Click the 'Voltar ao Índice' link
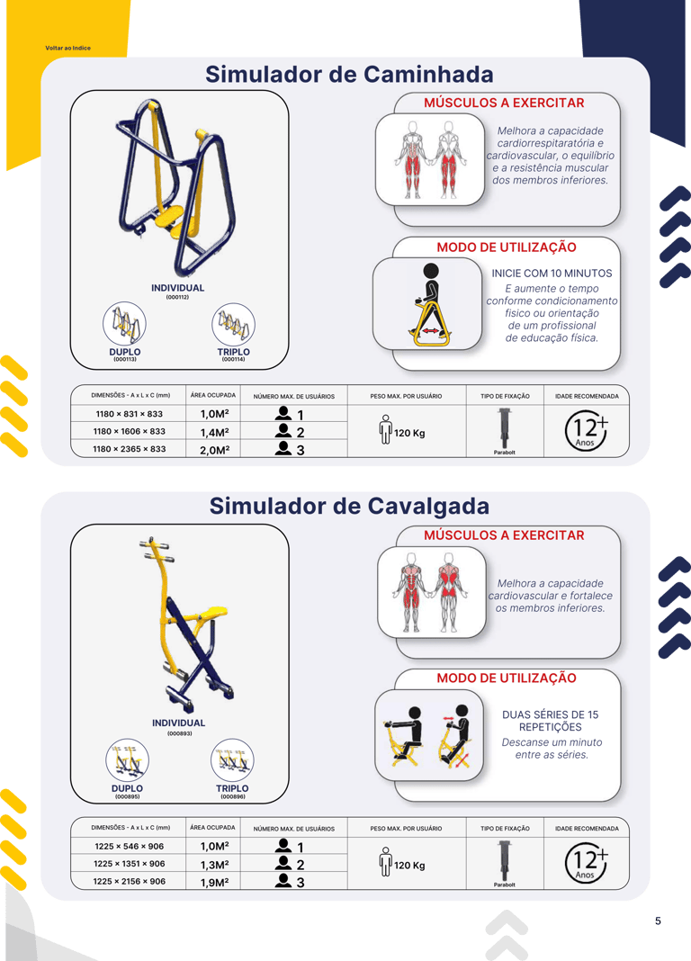(x=68, y=48)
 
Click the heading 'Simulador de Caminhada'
(x=349, y=74)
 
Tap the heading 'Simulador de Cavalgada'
(x=349, y=507)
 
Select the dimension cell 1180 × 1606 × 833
(x=130, y=431)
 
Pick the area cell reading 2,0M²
(x=214, y=450)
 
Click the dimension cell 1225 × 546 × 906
(x=130, y=846)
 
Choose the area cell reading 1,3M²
(x=214, y=865)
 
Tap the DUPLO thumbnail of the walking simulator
(x=124, y=323)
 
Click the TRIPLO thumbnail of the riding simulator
(x=232, y=760)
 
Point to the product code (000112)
(x=177, y=297)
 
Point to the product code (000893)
(x=179, y=733)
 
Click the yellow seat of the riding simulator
(x=211, y=613)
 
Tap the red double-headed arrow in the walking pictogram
(x=430, y=331)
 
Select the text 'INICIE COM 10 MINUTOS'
(x=552, y=274)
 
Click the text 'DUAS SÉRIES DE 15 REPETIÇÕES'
(x=550, y=721)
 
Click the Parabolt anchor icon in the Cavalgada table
(x=504, y=860)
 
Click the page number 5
(x=658, y=921)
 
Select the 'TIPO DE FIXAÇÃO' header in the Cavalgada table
(x=505, y=829)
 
